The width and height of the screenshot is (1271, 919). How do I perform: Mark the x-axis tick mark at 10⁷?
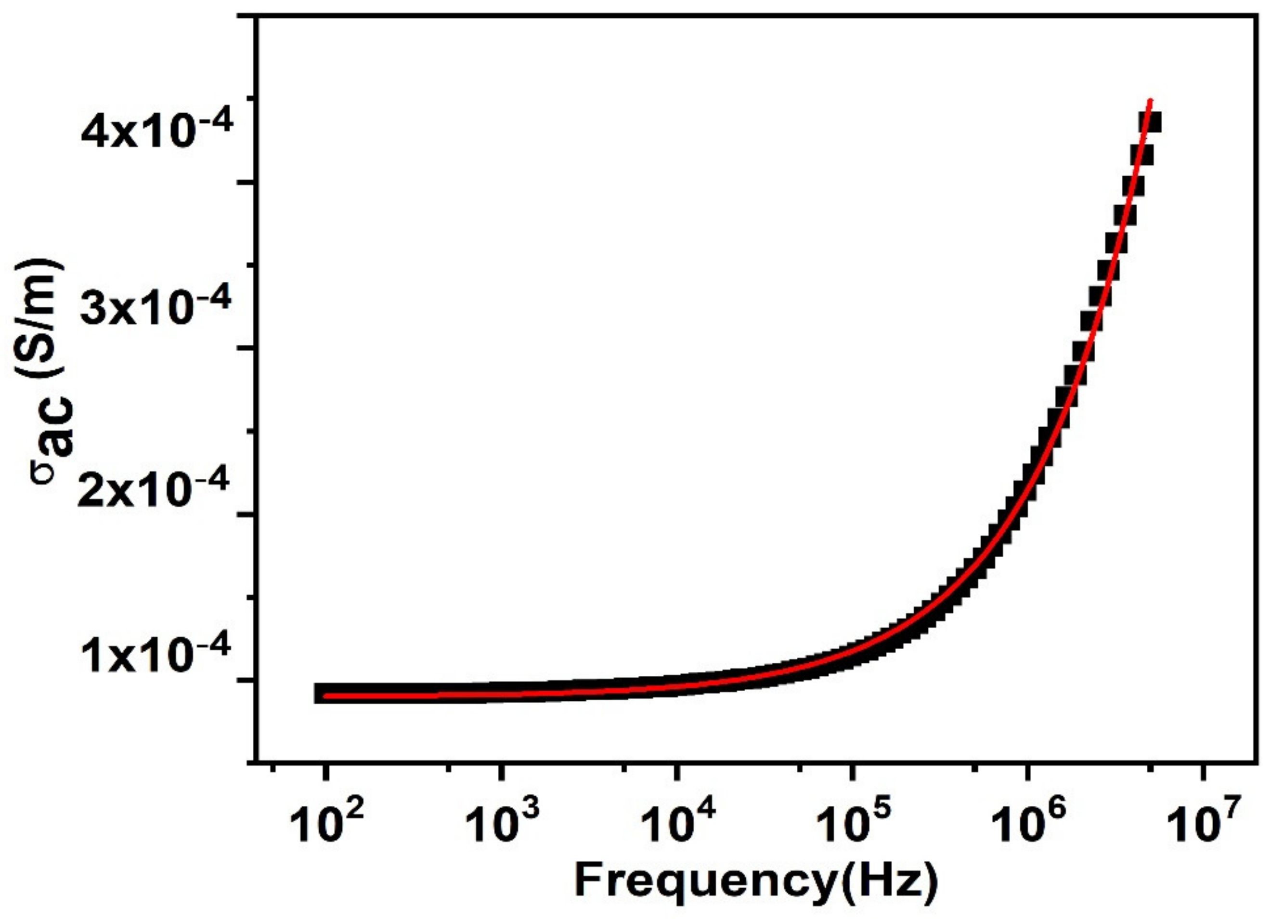point(1202,771)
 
